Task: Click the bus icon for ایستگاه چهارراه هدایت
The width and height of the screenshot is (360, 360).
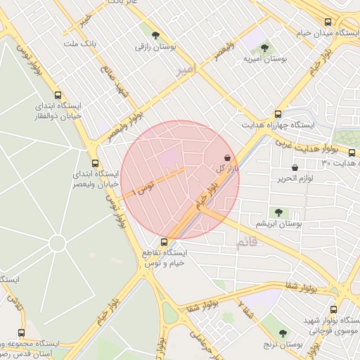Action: tap(279, 113)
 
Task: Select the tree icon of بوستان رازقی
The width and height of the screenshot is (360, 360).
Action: tap(155, 36)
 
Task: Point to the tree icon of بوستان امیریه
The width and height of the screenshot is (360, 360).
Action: tap(264, 49)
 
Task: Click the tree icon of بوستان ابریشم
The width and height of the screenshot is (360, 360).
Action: tap(279, 212)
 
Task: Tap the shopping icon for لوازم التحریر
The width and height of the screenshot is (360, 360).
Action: tap(295, 168)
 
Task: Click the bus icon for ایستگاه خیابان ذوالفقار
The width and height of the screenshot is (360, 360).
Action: tap(58, 96)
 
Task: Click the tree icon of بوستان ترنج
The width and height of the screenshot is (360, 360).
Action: tap(283, 333)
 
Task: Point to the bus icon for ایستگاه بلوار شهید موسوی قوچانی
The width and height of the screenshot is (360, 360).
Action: tap(335, 309)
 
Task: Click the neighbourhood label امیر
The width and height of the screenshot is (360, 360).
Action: tap(184, 70)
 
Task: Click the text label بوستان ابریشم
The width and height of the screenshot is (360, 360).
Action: tap(279, 224)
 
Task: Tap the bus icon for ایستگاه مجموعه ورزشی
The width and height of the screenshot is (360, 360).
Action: tap(21, 333)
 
